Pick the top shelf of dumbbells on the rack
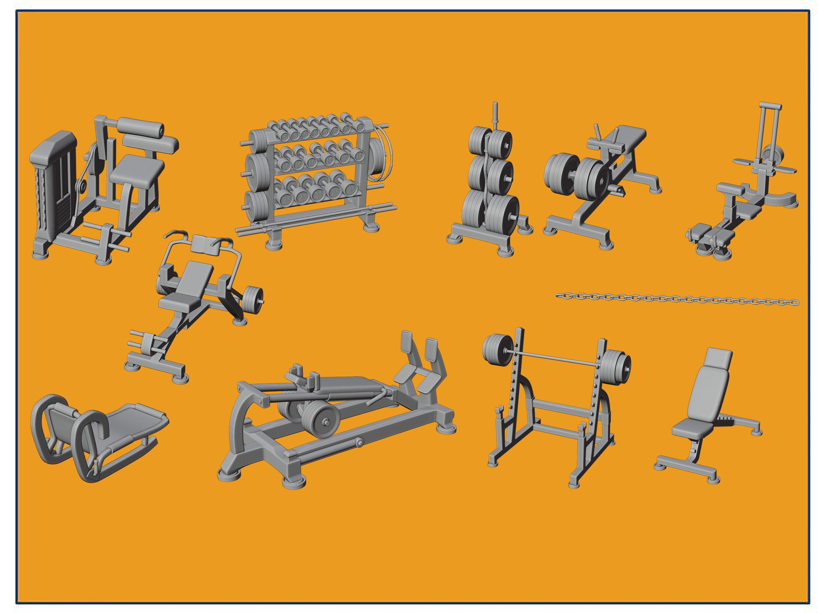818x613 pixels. (314, 130)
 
